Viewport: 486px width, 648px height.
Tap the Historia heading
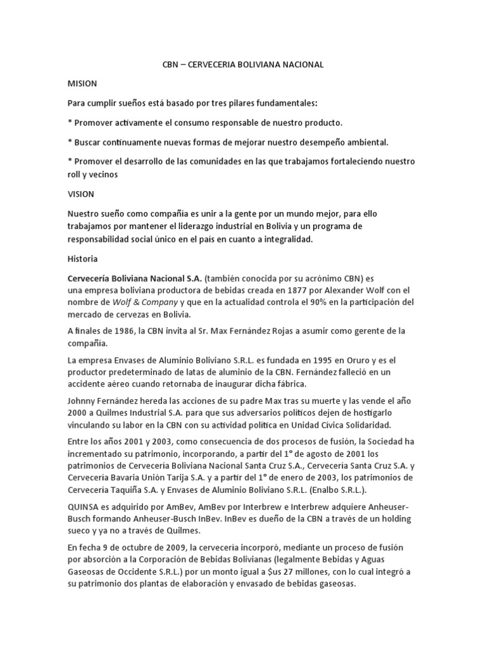pos(82,259)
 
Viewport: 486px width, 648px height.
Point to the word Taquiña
pos(136,490)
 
